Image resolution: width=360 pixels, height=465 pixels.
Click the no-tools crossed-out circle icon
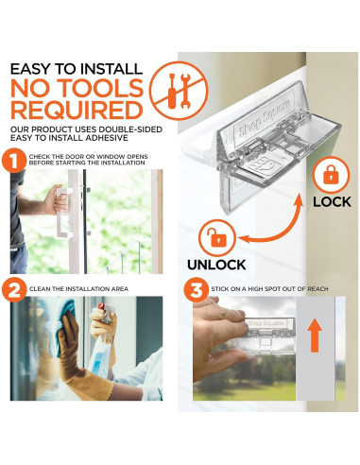click(x=179, y=91)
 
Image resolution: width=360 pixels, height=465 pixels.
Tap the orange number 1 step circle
click(x=14, y=161)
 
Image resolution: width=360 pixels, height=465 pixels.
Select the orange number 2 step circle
click(x=14, y=289)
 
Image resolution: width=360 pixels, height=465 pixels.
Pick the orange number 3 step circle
click(x=197, y=289)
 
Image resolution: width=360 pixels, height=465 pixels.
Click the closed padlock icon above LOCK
click(x=331, y=175)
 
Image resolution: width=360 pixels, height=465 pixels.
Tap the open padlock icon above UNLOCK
click(x=217, y=238)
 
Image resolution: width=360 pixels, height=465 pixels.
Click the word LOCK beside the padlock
click(x=332, y=202)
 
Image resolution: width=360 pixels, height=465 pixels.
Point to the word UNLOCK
click(x=216, y=265)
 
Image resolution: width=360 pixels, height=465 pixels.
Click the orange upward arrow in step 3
click(x=315, y=335)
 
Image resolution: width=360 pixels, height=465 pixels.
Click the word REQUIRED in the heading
click(x=77, y=111)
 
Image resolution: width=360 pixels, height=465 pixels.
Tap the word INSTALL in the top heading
click(x=111, y=69)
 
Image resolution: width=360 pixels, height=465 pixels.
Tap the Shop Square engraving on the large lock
click(x=265, y=122)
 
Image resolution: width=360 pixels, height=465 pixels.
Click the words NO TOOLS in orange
click(x=77, y=88)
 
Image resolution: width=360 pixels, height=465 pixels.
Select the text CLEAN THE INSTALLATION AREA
click(x=78, y=289)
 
